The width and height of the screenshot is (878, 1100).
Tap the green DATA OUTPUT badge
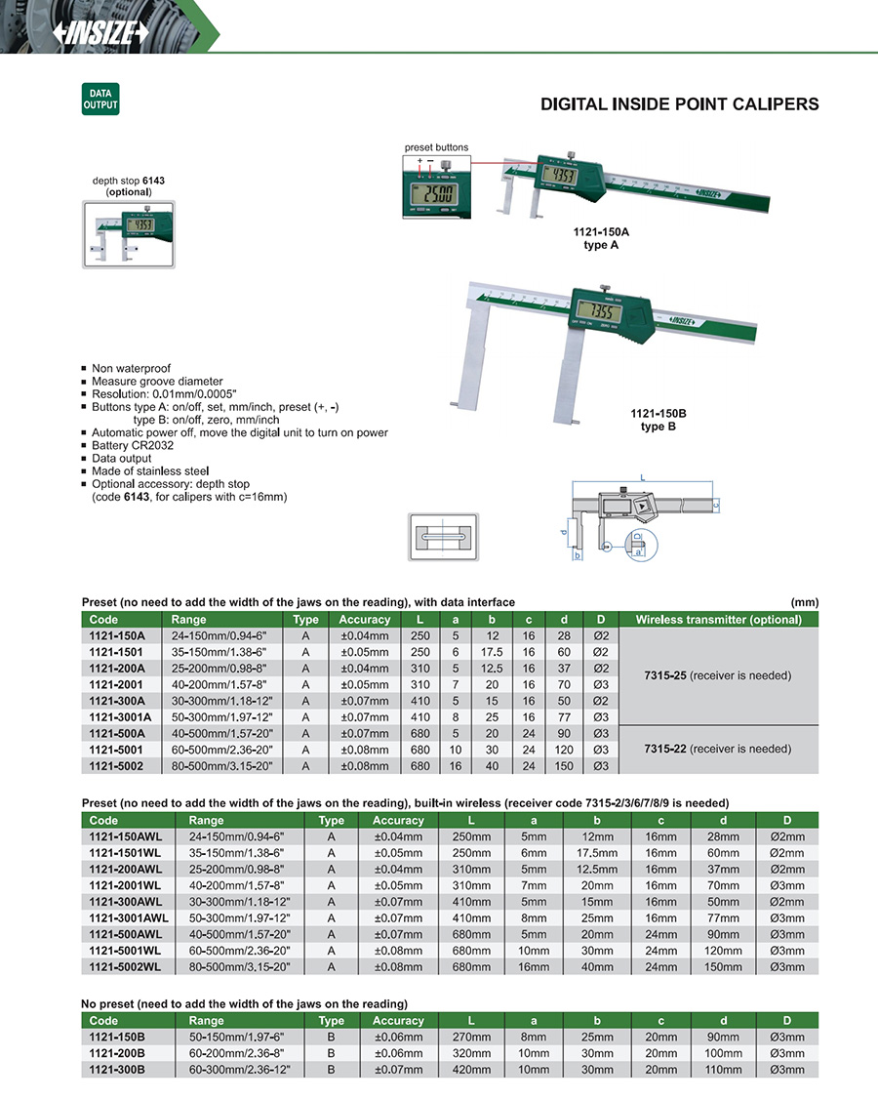(x=100, y=99)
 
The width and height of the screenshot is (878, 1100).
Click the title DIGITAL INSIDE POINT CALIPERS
(x=680, y=104)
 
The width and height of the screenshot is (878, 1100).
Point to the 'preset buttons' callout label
(x=436, y=147)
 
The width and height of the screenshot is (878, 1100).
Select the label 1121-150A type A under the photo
(x=601, y=239)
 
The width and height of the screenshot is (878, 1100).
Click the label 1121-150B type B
(x=658, y=420)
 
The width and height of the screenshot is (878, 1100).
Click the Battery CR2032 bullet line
(x=137, y=445)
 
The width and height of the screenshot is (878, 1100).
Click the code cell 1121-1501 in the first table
(x=116, y=652)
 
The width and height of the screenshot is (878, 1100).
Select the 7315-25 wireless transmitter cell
(x=719, y=675)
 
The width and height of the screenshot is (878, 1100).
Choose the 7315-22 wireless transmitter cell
(x=719, y=749)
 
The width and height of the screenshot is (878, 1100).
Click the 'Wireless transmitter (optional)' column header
(x=719, y=620)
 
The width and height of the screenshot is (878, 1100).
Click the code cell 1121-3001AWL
(x=130, y=918)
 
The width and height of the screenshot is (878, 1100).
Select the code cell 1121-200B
(x=117, y=1054)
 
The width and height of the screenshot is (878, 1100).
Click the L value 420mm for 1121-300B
(x=470, y=1070)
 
